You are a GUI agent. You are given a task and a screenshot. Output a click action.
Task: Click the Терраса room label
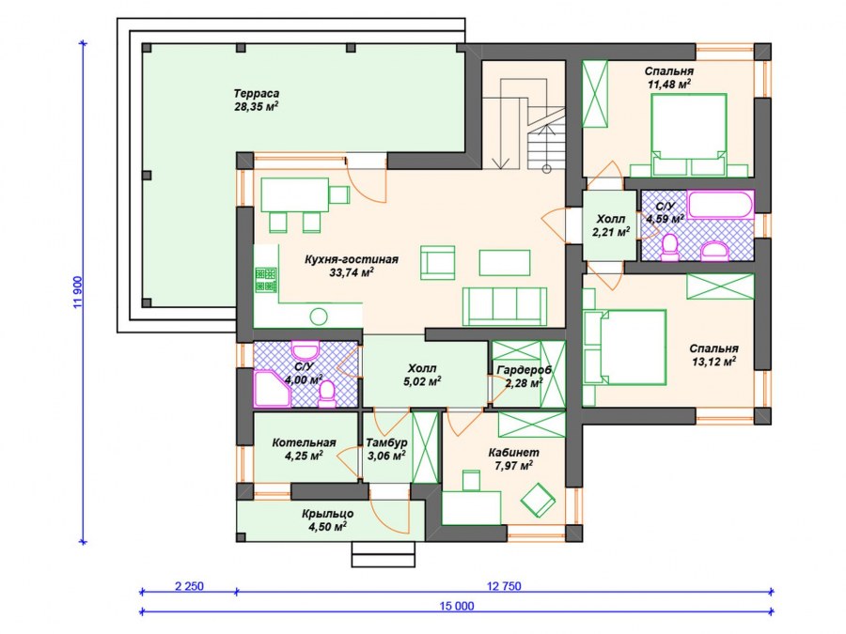tap(257, 94)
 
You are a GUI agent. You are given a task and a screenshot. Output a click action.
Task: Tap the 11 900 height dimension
tap(77, 293)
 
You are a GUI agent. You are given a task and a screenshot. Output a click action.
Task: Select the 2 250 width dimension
tap(189, 586)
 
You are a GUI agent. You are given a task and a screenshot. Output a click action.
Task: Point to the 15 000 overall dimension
tap(457, 606)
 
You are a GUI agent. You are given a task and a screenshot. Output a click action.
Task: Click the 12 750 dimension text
tap(504, 586)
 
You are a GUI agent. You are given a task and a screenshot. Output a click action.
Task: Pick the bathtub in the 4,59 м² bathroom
tap(720, 205)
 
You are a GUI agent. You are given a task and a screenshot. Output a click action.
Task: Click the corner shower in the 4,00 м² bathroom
tap(272, 388)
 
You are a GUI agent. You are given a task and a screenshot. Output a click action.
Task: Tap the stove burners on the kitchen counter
tap(266, 280)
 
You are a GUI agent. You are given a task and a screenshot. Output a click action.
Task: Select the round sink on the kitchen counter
tap(319, 317)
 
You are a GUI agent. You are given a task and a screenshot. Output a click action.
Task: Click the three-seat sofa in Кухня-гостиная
tap(505, 306)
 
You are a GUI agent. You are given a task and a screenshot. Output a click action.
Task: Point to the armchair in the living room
tap(437, 263)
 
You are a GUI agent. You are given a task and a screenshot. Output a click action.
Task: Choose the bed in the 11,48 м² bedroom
tap(688, 134)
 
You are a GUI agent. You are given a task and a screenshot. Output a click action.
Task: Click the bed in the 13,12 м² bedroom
tap(625, 348)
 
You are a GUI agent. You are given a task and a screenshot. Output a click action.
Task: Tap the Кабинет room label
tap(513, 453)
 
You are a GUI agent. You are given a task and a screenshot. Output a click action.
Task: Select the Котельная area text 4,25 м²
tap(304, 456)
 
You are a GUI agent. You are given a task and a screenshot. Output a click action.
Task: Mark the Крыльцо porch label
tap(327, 514)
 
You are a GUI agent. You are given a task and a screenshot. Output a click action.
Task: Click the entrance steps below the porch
tap(384, 554)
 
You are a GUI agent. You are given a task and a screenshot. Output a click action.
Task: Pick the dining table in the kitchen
tap(295, 194)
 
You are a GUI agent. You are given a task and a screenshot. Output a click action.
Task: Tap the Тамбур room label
tap(387, 442)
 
